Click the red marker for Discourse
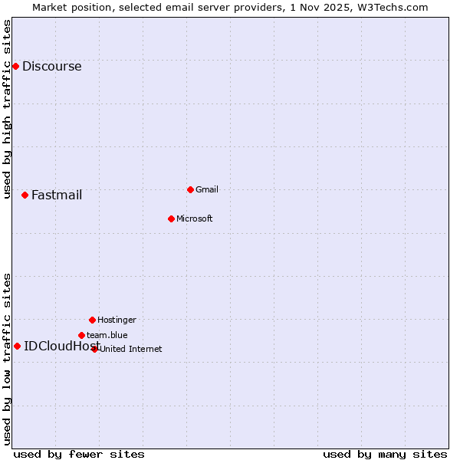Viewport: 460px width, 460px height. [15, 67]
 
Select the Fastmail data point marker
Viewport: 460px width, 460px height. [25, 195]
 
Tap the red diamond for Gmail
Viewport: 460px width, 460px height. [190, 189]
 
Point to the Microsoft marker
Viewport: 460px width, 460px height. [171, 219]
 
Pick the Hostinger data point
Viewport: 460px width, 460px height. [92, 320]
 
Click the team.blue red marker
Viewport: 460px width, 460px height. [81, 335]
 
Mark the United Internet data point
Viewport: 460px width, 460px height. [95, 349]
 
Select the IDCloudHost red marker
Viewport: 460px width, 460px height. [17, 346]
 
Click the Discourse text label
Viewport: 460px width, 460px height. [51, 67]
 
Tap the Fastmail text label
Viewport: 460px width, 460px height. [57, 195]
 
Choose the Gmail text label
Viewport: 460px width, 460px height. [207, 189]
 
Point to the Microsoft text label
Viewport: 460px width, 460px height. [195, 219]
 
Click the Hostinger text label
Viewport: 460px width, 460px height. [117, 320]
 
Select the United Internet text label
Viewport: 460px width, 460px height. [131, 349]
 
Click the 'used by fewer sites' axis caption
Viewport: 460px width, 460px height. [79, 454]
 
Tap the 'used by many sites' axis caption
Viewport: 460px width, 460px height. [385, 454]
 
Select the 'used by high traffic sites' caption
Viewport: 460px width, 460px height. [8, 109]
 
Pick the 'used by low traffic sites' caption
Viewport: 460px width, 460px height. [8, 359]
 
